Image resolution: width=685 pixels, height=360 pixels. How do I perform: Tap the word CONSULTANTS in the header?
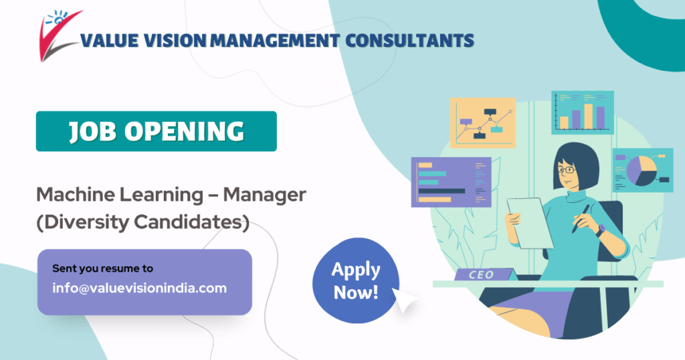coord(409,41)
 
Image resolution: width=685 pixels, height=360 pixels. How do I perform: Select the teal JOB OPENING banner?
coord(156,131)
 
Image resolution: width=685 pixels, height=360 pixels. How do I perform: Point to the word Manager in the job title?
coord(264,195)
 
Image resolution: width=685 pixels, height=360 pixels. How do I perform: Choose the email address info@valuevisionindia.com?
coord(139,288)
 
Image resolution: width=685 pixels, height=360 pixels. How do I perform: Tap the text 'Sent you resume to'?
coord(102,268)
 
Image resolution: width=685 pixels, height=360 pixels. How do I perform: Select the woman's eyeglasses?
coord(567,170)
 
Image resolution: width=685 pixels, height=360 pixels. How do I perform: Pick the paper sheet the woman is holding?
coord(529,221)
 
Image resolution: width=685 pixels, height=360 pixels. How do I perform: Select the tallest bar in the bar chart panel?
coord(589,115)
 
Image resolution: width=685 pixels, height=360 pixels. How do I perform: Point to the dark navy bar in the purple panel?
coord(441,191)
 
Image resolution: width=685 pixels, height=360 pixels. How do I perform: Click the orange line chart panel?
coord(482,122)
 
